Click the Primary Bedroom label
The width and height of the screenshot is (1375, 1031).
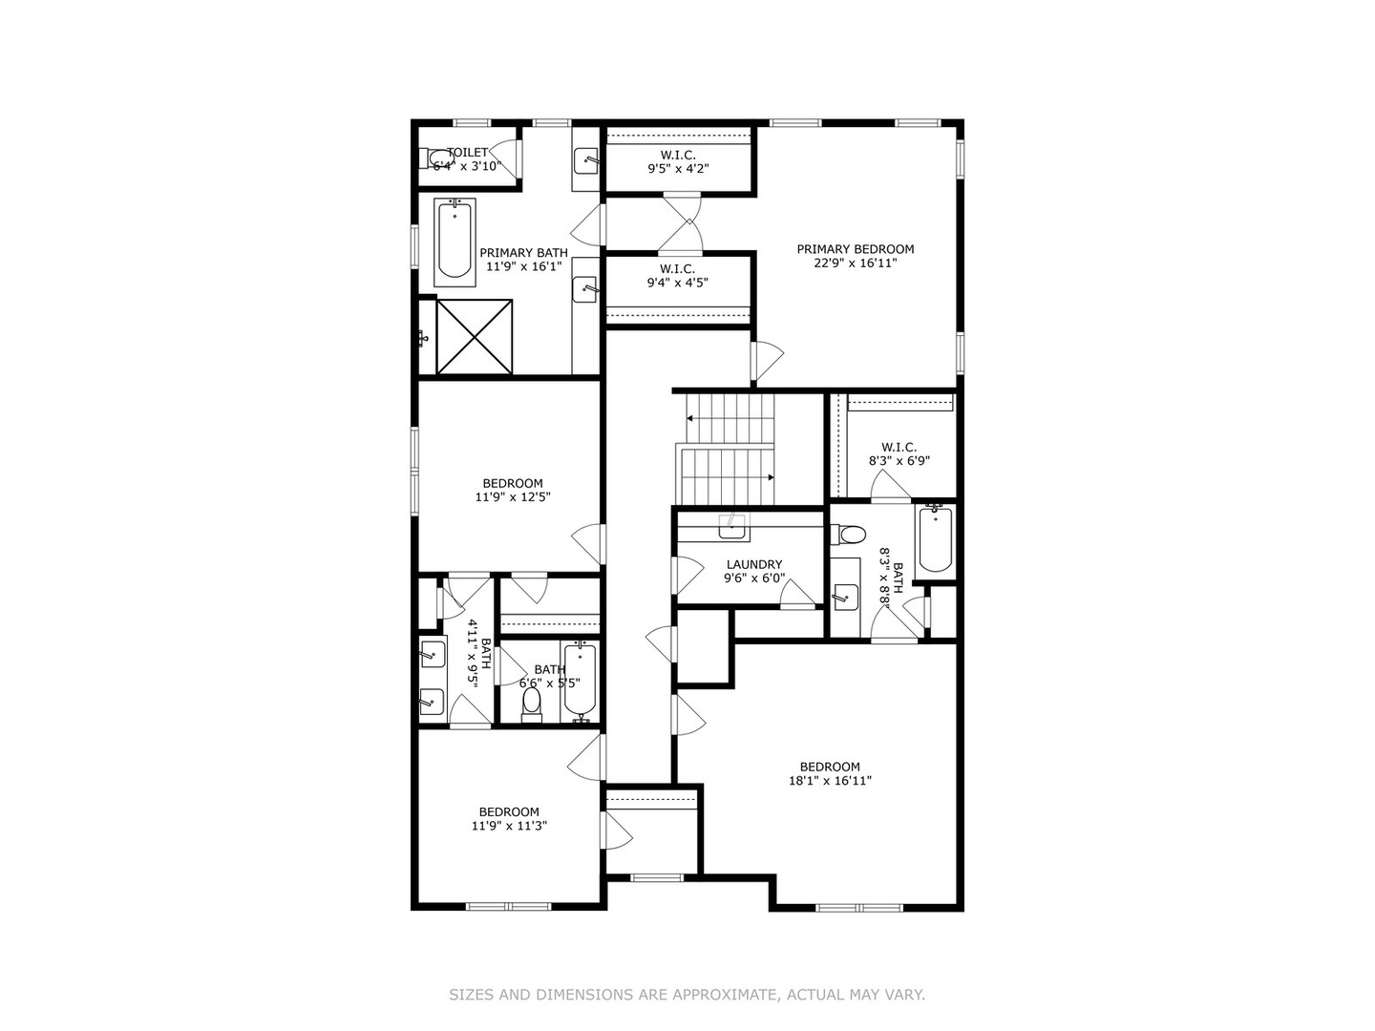856,249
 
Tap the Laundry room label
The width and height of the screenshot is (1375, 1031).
753,564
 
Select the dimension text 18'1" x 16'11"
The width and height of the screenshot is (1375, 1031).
830,781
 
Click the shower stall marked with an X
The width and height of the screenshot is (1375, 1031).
475,336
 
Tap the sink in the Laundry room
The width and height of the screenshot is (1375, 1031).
732,524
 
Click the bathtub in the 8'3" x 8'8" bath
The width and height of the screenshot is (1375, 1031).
934,539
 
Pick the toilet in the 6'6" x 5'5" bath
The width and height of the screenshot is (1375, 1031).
532,703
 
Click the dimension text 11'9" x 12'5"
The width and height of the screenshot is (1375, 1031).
513,496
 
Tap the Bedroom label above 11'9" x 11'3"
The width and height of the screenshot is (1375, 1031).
509,812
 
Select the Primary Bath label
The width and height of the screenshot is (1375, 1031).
523,253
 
